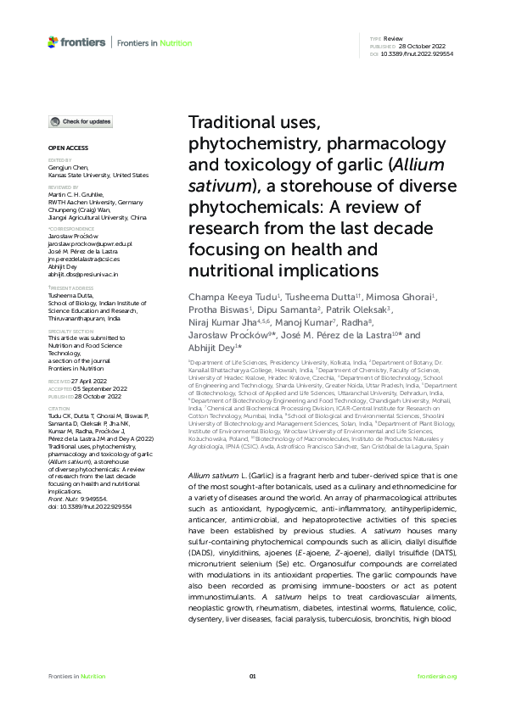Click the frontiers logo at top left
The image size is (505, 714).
click(77, 42)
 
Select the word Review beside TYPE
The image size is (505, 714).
click(393, 39)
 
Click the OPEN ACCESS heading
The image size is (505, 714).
click(64, 148)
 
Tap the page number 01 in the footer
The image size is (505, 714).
click(252, 676)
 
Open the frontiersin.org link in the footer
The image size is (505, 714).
click(438, 676)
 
